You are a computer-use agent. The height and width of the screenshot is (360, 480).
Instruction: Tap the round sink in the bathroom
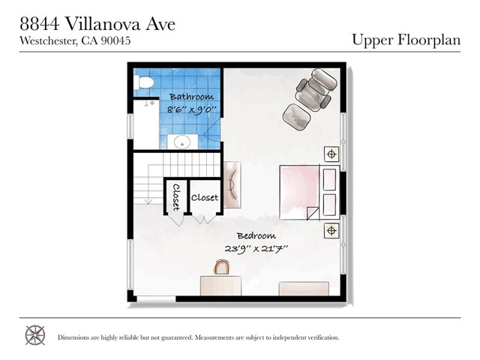click(x=180, y=141)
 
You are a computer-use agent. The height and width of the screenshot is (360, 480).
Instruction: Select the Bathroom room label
click(x=191, y=97)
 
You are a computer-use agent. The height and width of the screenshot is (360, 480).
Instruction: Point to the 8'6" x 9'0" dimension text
click(x=191, y=109)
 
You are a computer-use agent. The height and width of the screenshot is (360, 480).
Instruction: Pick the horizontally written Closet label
click(x=205, y=198)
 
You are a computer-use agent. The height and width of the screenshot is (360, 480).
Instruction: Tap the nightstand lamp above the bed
click(x=331, y=154)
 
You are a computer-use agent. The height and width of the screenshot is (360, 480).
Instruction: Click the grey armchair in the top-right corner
click(x=315, y=86)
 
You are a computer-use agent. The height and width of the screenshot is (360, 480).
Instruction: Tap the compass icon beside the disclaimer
click(x=35, y=335)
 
